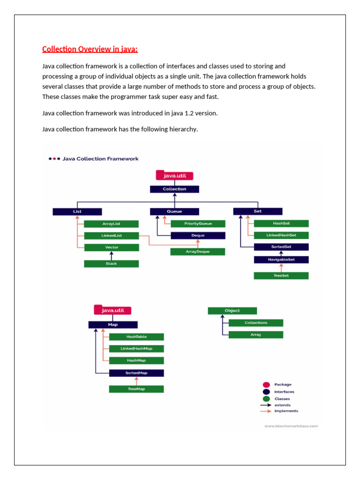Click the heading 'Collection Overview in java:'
coord(90,49)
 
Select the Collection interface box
coord(174,189)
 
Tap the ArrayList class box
coord(111,224)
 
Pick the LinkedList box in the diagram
coord(111,235)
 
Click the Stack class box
coord(111,263)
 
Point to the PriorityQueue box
coord(198,224)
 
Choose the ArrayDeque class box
coord(198,252)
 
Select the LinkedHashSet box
coord(281,235)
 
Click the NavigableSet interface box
coord(281,259)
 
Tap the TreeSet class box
coord(281,276)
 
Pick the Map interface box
coord(113,324)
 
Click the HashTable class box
coord(136,337)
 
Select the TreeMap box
coord(136,389)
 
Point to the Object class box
coord(232,310)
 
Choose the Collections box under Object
coord(256,322)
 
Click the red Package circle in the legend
coord(266,385)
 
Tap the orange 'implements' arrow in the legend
coord(266,411)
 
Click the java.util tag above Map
coord(113,310)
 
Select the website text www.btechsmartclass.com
coord(291,426)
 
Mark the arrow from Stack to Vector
coord(112,255)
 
